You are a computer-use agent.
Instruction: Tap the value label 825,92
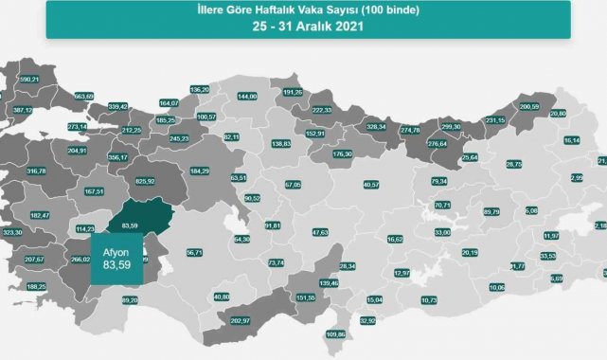pyautogui.click(x=146, y=181)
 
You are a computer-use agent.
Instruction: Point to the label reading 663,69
pyautogui.click(x=83, y=96)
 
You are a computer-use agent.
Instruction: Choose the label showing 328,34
pyautogui.click(x=378, y=126)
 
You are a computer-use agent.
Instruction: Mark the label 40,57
pyautogui.click(x=371, y=185)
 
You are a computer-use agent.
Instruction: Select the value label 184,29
pyautogui.click(x=200, y=171)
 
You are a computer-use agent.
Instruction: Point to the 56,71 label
pyautogui.click(x=195, y=252)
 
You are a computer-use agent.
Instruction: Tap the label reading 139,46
pyautogui.click(x=330, y=283)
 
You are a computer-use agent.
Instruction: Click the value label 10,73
pyautogui.click(x=429, y=300)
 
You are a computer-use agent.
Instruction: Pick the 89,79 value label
pyautogui.click(x=491, y=212)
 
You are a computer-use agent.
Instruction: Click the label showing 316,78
pyautogui.click(x=37, y=171)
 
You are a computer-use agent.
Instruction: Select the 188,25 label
pyautogui.click(x=36, y=286)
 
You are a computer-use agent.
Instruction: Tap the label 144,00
pyautogui.click(x=248, y=97)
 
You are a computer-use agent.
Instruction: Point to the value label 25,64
pyautogui.click(x=469, y=157)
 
